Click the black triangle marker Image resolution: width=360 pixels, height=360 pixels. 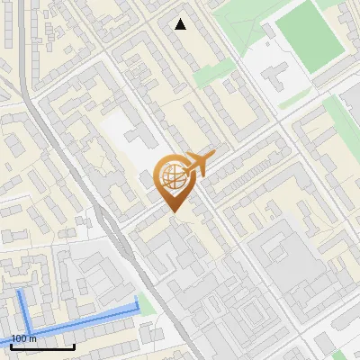[x=181, y=24]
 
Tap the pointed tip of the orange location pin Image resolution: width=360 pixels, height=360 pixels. [x=174, y=211]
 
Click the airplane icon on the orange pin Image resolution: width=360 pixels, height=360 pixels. [x=199, y=164]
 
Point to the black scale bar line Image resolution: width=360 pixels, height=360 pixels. [x=42, y=346]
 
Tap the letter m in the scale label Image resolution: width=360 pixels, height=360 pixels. [x=33, y=338]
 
